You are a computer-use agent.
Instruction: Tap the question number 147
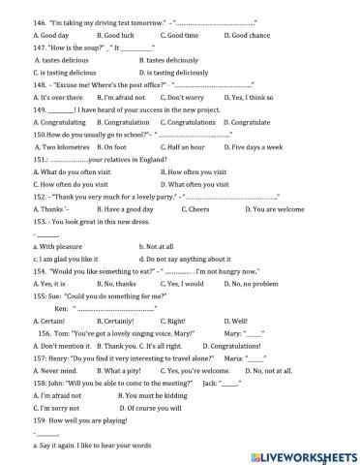(41, 46)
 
